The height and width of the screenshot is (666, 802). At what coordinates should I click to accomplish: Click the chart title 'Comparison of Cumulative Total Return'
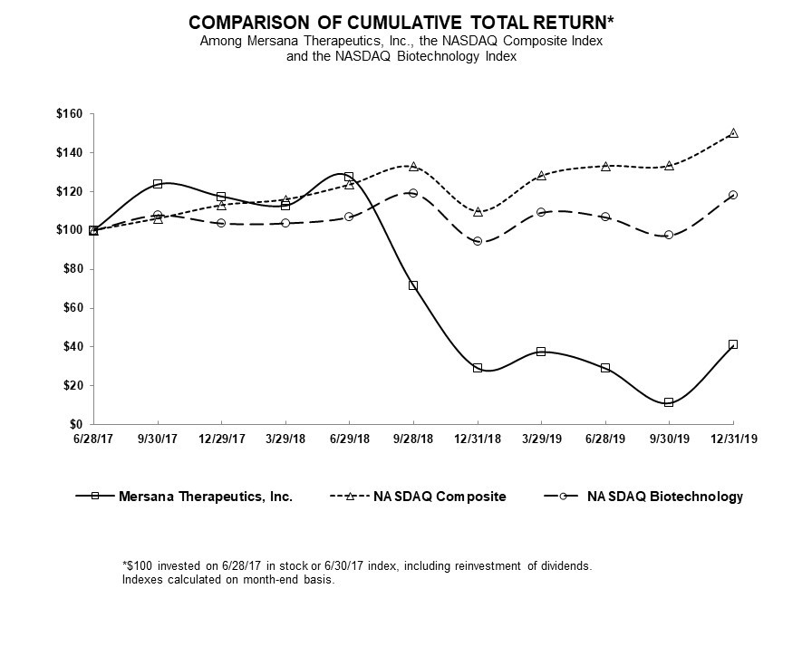(x=394, y=21)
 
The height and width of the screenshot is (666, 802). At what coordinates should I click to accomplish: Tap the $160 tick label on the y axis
(x=69, y=114)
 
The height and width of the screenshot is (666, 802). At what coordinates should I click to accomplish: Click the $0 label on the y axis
(x=76, y=424)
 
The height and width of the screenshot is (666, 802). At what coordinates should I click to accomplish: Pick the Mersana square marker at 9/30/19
(x=669, y=402)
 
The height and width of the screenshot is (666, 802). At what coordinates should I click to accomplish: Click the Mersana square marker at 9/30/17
(x=158, y=184)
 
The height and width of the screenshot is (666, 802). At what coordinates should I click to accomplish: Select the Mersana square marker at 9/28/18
(x=413, y=285)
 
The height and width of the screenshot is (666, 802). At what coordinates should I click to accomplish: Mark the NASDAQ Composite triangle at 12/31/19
(x=733, y=133)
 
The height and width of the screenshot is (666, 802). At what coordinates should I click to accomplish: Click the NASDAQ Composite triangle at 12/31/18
(x=478, y=211)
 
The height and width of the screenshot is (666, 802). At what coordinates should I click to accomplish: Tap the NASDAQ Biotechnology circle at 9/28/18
(x=413, y=193)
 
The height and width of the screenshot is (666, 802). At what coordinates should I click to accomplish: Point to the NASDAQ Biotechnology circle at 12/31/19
(x=733, y=195)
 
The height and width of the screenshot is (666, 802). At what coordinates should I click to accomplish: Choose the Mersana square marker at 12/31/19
(x=733, y=344)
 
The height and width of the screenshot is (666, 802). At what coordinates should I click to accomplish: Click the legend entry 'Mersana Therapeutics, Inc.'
(x=205, y=497)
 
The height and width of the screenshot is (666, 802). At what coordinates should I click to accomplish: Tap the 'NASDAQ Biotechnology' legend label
(x=664, y=497)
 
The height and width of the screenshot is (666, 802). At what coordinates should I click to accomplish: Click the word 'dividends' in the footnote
(x=565, y=565)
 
